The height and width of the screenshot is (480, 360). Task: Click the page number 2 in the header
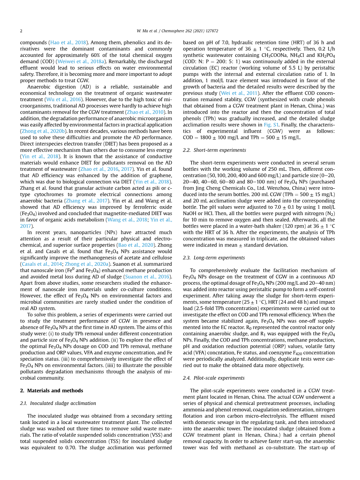[x=21, y=31]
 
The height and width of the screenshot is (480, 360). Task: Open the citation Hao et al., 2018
[x=68, y=43]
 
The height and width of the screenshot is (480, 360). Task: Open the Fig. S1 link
[x=270, y=125]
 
